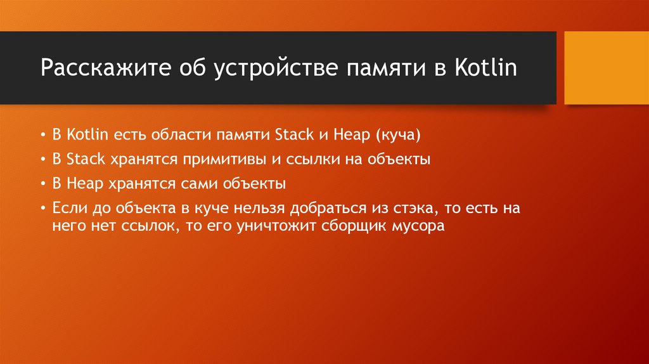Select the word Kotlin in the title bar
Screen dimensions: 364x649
pyautogui.click(x=485, y=67)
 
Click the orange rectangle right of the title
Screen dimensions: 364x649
pyautogui.click(x=605, y=67)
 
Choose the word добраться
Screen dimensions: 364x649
pyautogui.click(x=336, y=208)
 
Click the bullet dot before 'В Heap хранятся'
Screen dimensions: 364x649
pyautogui.click(x=43, y=185)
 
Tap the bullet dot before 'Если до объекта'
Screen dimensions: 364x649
pyautogui.click(x=43, y=209)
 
